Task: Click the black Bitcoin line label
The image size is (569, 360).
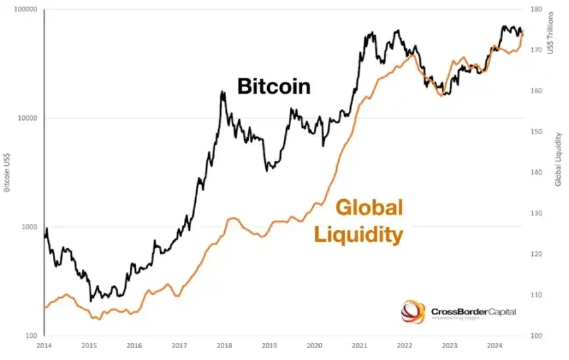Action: coord(274,86)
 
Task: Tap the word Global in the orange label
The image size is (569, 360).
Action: coord(369,208)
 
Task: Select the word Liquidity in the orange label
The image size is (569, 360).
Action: coord(359,234)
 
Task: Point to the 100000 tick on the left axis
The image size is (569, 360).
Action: coord(25,10)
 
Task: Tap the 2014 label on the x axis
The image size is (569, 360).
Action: coord(44,345)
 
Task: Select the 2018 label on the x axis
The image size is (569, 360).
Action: coord(224,345)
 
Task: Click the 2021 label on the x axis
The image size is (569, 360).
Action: coord(359,345)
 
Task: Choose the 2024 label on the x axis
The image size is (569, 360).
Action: coord(494,345)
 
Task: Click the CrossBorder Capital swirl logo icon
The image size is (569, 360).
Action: coord(413,312)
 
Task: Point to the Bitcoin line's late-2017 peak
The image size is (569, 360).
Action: coord(222,92)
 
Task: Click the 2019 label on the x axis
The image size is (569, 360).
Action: coord(269,345)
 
